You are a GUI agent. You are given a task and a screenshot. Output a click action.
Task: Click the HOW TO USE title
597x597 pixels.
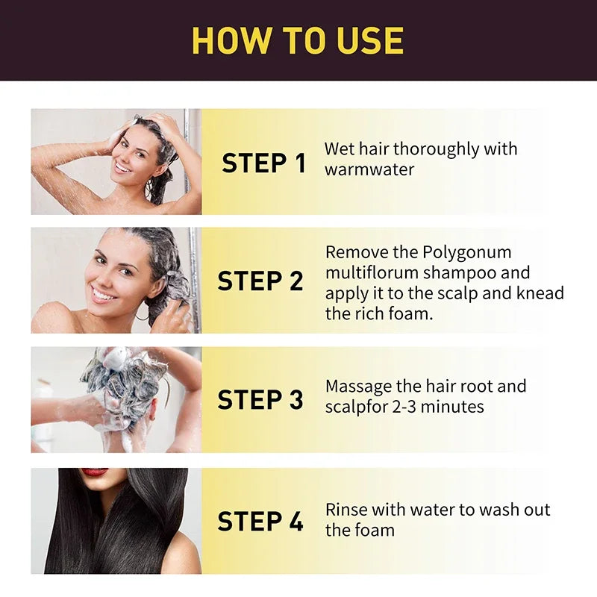[x=298, y=40]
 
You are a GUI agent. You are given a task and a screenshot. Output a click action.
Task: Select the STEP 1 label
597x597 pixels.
[x=263, y=163]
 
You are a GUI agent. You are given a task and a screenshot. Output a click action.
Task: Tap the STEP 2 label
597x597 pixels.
[x=260, y=281]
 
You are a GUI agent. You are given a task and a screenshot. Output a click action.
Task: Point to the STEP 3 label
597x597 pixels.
[x=260, y=400]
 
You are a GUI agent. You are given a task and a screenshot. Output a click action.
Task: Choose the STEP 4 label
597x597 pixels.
[x=260, y=522]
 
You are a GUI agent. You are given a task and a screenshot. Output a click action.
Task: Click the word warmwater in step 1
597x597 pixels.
[x=369, y=169]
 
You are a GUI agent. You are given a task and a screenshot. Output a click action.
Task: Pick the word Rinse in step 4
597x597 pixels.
[x=346, y=510]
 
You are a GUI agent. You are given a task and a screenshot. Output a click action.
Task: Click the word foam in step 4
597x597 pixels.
[x=374, y=531]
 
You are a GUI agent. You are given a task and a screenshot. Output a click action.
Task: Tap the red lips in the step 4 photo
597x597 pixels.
[x=94, y=472]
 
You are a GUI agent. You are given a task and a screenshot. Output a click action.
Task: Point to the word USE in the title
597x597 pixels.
[x=366, y=40]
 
